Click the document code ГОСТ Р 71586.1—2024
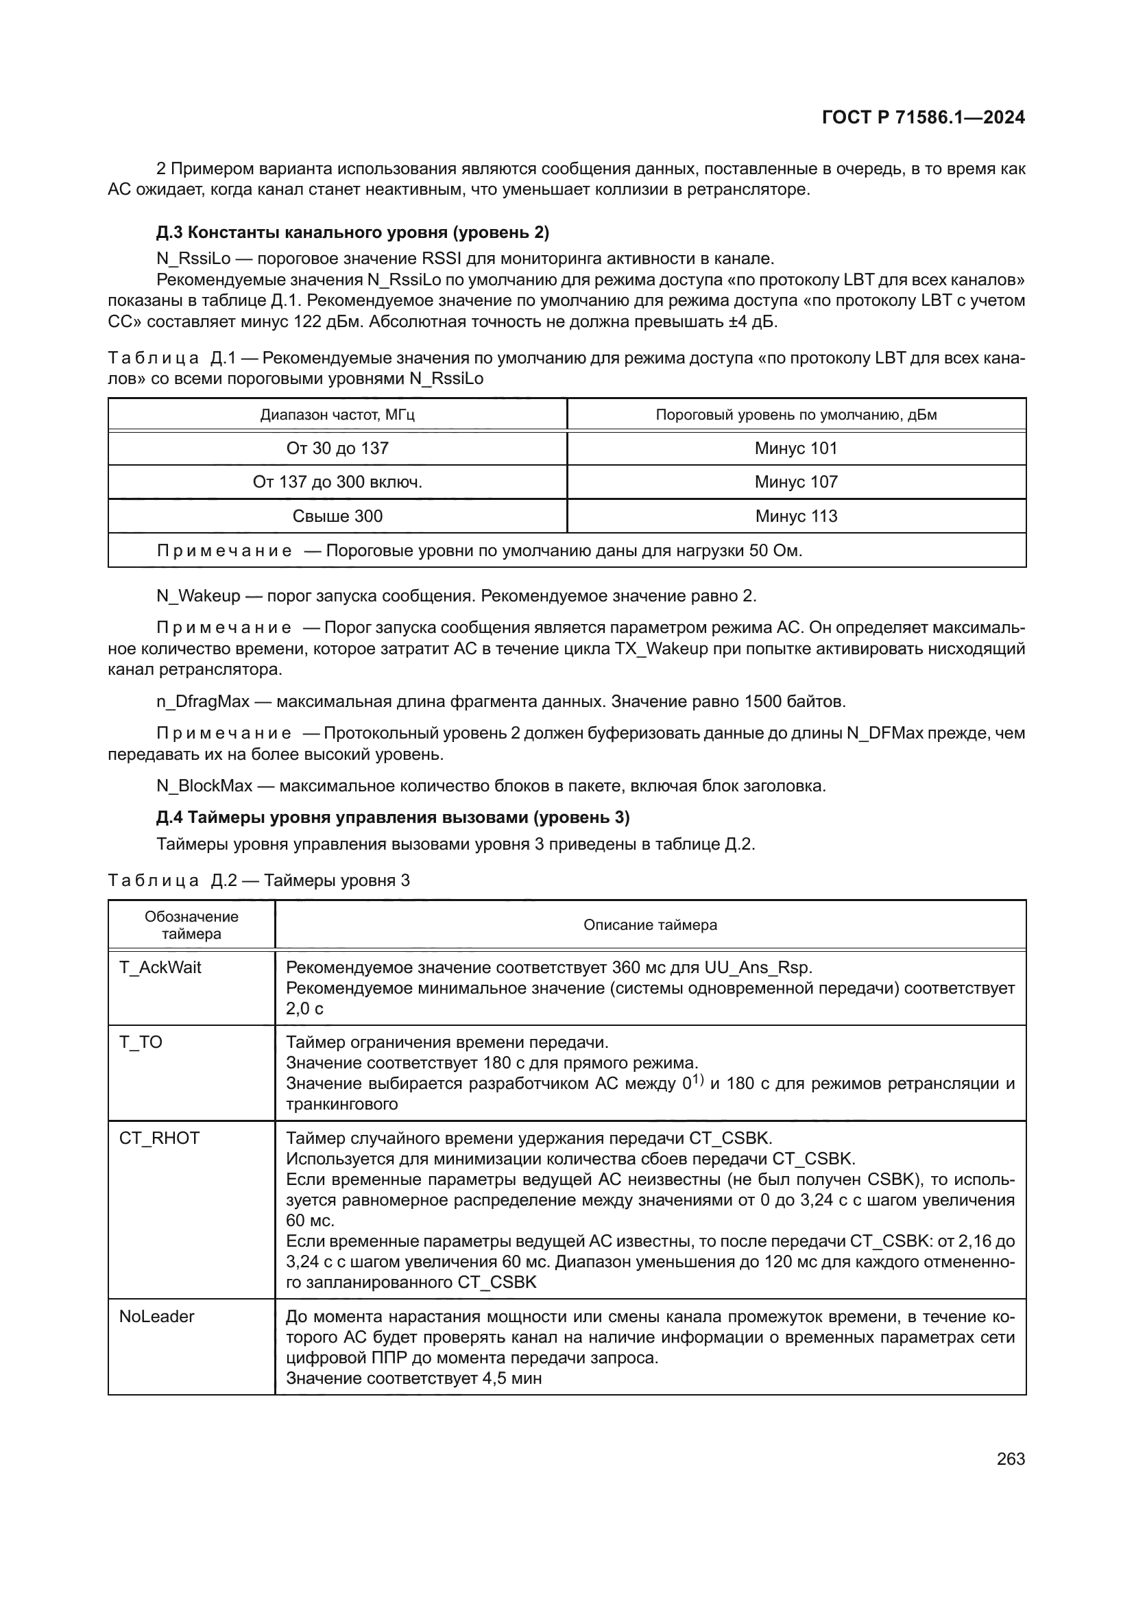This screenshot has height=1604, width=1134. coord(922,117)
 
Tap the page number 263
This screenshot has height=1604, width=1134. coord(1011,1459)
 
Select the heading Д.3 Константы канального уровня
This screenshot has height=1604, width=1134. coord(352,232)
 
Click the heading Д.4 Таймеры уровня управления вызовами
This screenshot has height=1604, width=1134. coord(392,817)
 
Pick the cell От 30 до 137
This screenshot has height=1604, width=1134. coord(337,448)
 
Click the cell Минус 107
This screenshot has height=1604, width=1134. coord(796,482)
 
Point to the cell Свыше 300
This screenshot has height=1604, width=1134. coord(337,516)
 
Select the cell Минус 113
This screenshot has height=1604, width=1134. coord(796,516)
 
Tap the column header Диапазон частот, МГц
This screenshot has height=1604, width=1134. coord(337,415)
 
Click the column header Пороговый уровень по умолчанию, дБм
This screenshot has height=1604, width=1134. coord(796,415)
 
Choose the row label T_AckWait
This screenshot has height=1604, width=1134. coord(160,968)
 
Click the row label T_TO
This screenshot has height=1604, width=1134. coord(141,1042)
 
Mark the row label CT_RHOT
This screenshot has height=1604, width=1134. coord(159,1138)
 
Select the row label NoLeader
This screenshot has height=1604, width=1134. coord(156,1316)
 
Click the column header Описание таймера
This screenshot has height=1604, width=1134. coord(650,925)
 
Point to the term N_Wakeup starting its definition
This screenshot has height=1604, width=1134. coord(197,596)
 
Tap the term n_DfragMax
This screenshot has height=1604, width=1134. coord(202,702)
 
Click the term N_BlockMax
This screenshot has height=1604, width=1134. coord(204,786)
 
